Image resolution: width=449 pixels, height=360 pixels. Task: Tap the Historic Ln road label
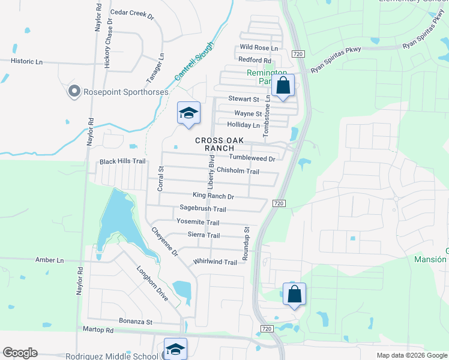pos(27,61)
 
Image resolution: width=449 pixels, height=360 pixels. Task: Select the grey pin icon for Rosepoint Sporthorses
pos(74,91)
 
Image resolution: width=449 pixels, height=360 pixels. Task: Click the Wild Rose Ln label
pos(259,47)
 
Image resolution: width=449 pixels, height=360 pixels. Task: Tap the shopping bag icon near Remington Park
pos(283,86)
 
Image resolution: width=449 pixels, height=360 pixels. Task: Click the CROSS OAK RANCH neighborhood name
pos(219,144)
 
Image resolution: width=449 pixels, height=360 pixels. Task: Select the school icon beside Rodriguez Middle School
pos(175,349)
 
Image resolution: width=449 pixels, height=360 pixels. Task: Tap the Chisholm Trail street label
pos(238,172)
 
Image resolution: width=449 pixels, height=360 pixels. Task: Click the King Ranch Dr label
pos(213,196)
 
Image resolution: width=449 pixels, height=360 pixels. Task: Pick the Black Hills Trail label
pos(122,161)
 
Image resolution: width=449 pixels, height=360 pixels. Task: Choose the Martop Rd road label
pos(98,330)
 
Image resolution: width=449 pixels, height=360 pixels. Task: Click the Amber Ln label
pos(50,260)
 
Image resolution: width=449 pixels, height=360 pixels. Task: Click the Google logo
pos(20,353)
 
